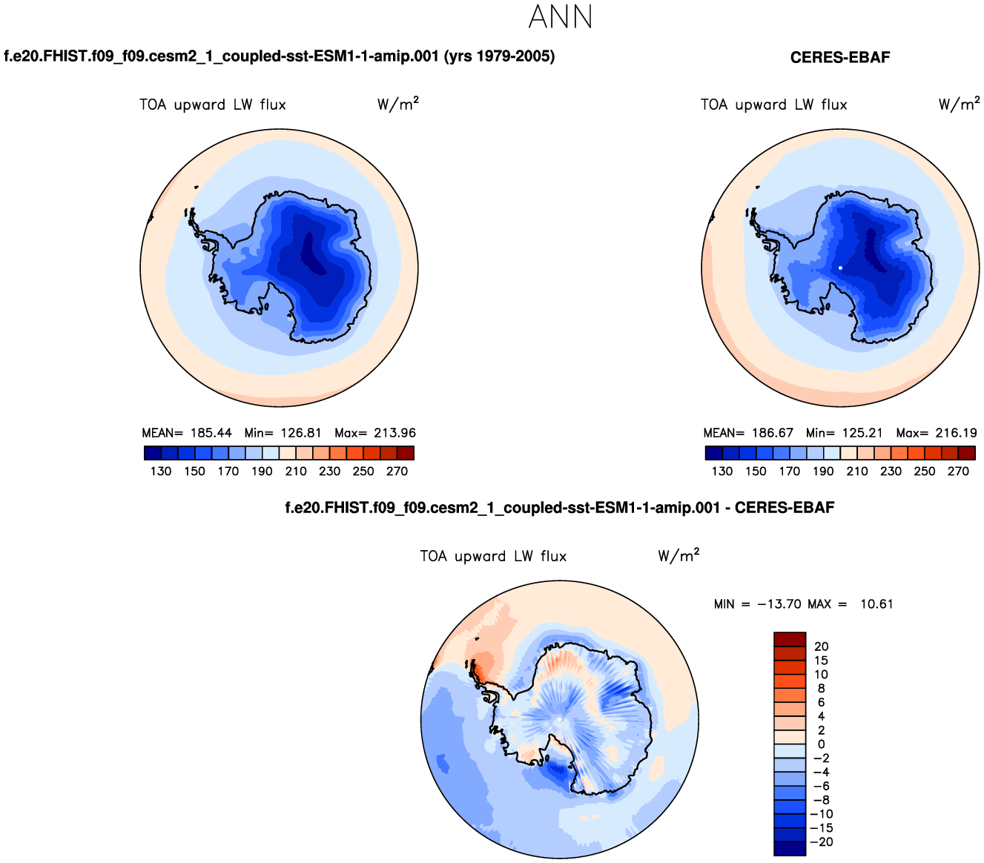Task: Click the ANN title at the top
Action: click(x=561, y=18)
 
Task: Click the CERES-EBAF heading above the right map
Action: click(x=839, y=57)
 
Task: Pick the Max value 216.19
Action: click(x=956, y=433)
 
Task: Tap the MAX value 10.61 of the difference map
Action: click(x=876, y=604)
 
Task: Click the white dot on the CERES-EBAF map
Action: click(x=840, y=268)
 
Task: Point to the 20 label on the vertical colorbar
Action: click(x=821, y=647)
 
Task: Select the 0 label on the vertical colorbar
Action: click(x=821, y=744)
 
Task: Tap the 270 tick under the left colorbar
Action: click(x=397, y=471)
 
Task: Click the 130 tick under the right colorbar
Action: click(x=722, y=471)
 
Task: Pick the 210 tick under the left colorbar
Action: click(x=296, y=471)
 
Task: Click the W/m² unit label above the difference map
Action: click(x=678, y=556)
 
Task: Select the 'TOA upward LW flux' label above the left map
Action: click(x=213, y=105)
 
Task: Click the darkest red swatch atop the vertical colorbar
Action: click(x=789, y=640)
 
